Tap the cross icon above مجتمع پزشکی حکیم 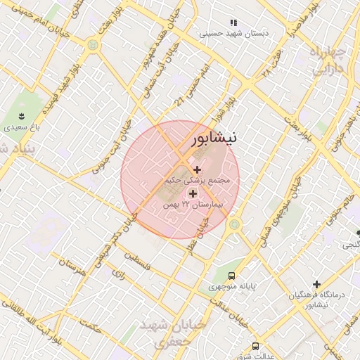(196, 169)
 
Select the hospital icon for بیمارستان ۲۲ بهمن (193, 193)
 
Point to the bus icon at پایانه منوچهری (232, 276)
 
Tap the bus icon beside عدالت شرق (255, 346)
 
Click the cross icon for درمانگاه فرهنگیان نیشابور (316, 284)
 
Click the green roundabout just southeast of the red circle (234, 224)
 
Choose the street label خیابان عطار (199, 234)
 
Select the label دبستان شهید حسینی (229, 33)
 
